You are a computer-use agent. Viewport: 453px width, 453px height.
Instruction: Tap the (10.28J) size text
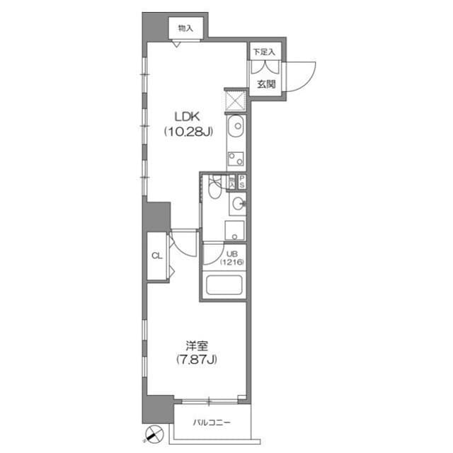click(x=185, y=131)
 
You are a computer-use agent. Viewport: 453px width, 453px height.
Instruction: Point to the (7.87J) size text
click(x=196, y=360)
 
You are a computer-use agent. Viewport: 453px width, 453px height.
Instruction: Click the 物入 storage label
click(x=186, y=29)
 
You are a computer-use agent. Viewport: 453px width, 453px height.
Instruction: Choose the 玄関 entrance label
click(x=266, y=85)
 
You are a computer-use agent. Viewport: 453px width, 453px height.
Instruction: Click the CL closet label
click(x=156, y=257)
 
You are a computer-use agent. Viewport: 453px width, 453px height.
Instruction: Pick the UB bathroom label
click(x=231, y=253)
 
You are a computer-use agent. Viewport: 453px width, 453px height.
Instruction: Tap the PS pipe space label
click(x=241, y=181)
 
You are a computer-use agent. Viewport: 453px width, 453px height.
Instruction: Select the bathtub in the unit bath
click(x=224, y=288)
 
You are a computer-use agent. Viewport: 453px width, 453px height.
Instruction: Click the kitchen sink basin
click(x=236, y=127)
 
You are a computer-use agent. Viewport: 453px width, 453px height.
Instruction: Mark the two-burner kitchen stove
click(x=236, y=157)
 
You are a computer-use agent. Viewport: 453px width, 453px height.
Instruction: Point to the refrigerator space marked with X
click(x=235, y=100)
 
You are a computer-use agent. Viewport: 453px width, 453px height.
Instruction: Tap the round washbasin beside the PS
click(x=238, y=205)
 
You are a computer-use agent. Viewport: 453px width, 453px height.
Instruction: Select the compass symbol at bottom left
click(x=154, y=433)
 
